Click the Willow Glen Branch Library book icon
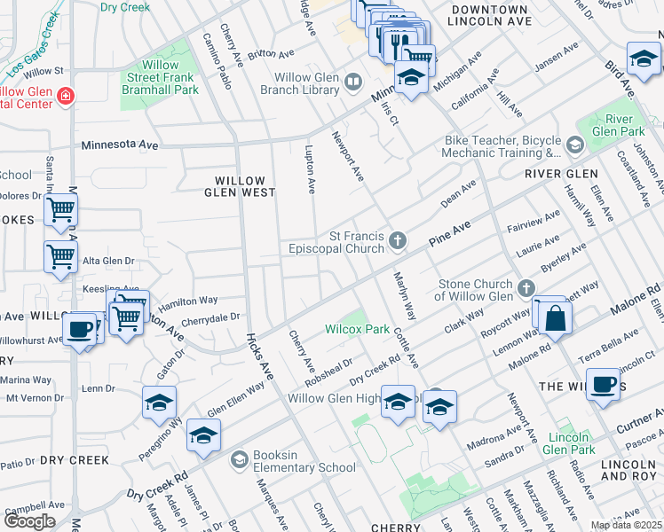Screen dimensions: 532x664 pos(353,82)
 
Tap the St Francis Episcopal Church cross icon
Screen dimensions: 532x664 pos(399,239)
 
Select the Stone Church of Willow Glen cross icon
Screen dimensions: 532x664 pos(526,288)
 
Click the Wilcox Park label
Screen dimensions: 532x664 pos(357,329)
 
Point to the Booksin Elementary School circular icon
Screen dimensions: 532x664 pos(238,459)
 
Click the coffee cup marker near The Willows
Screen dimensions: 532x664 pos(604,384)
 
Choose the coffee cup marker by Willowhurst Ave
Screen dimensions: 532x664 pos(80,329)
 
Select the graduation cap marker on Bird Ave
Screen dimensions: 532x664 pos(643,59)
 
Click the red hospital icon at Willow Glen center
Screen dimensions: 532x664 pos(65,96)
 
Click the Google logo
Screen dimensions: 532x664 pos(29,521)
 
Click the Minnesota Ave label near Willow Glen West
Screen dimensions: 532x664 pos(120,144)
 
